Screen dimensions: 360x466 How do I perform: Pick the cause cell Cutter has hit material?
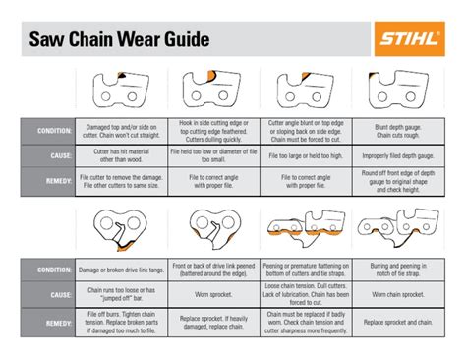point(120,154)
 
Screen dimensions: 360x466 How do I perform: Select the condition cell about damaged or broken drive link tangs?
point(120,268)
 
